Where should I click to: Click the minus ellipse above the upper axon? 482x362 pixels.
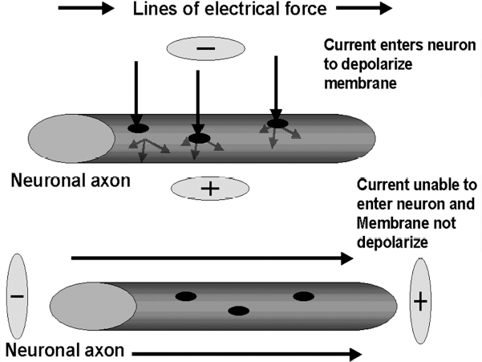[x=205, y=49]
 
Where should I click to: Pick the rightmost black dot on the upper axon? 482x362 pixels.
[x=277, y=123]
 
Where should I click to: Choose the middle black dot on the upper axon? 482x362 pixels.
[x=198, y=138]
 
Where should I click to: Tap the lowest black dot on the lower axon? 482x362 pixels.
[x=239, y=311]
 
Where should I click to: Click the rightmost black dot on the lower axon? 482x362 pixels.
[x=303, y=296]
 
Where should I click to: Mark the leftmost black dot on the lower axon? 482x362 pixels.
[x=185, y=296]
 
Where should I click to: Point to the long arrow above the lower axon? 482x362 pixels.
[x=212, y=258]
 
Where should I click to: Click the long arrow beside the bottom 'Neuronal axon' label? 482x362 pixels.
[x=245, y=352]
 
